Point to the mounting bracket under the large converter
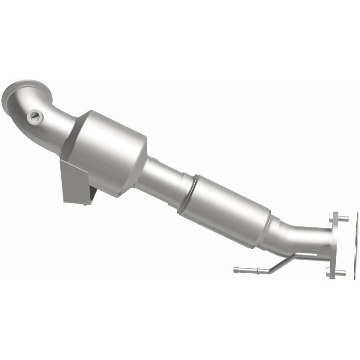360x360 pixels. (x=76, y=182)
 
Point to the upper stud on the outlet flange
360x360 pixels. (x=342, y=219)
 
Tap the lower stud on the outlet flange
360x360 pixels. (x=340, y=272)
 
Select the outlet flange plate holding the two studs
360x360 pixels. (x=333, y=245)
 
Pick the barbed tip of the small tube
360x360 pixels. (x=237, y=270)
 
